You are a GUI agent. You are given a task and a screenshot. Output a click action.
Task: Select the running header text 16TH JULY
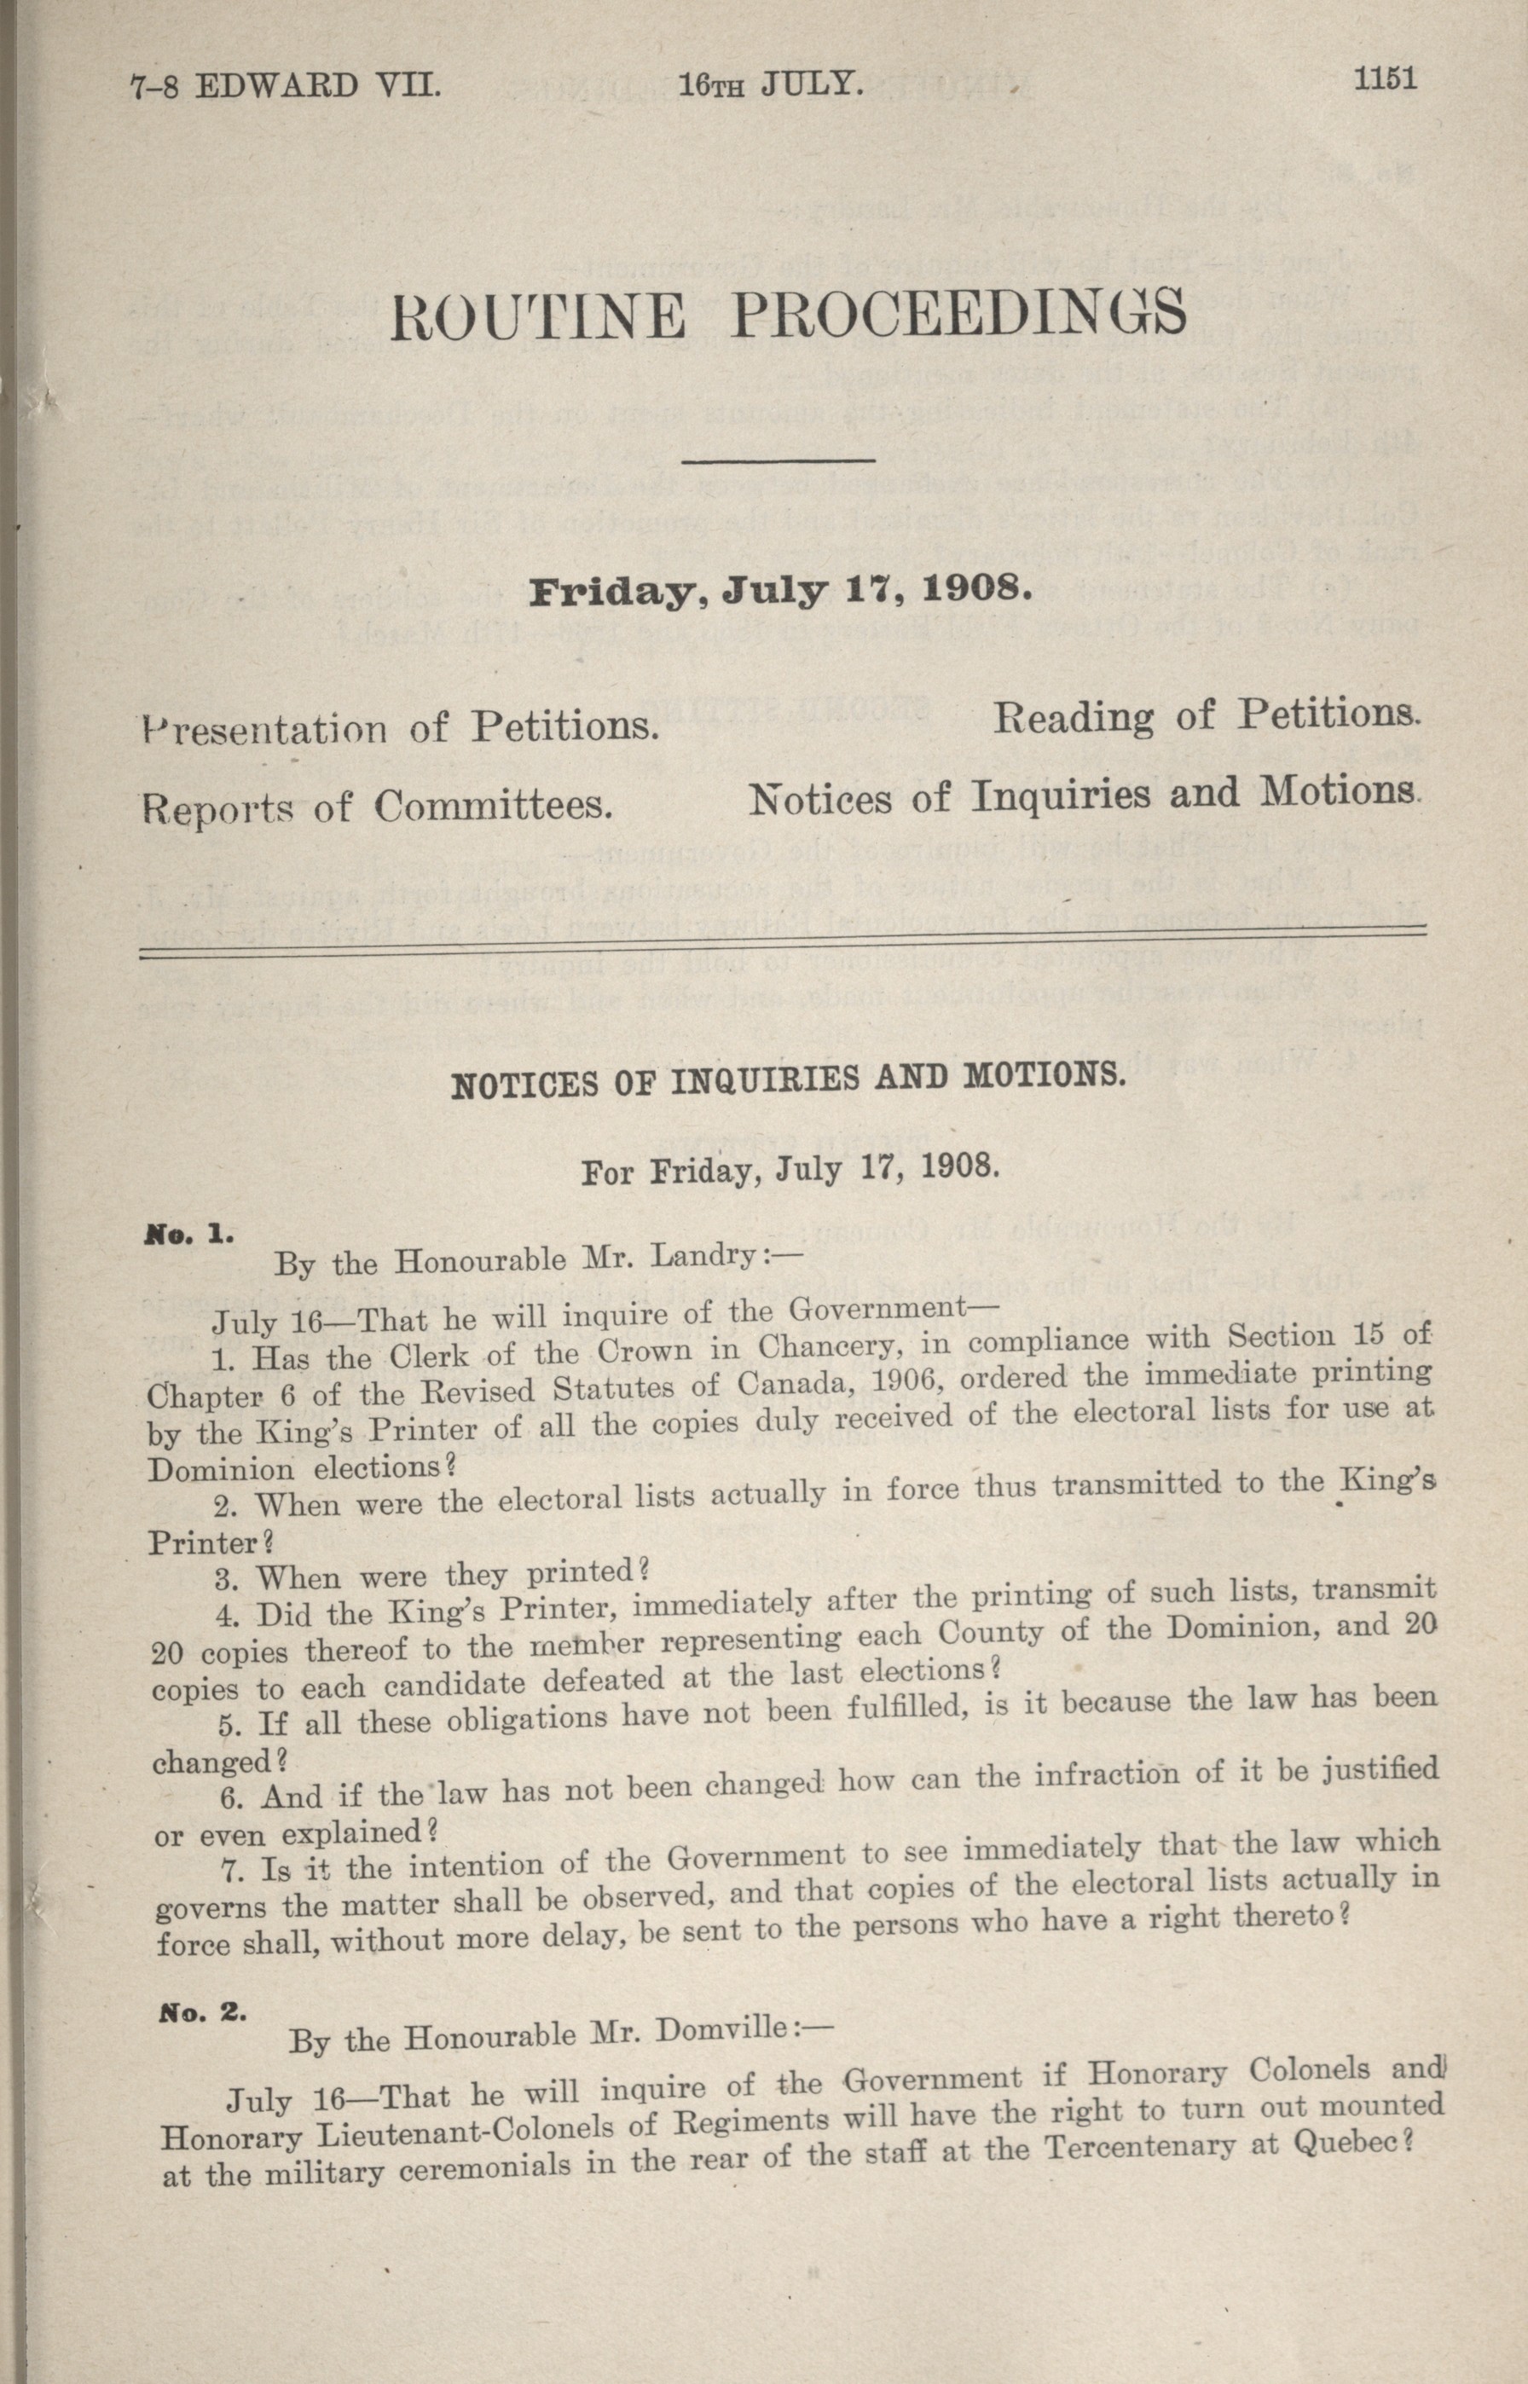pyautogui.click(x=771, y=84)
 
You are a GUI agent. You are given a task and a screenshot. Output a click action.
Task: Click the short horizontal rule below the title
pyautogui.click(x=778, y=460)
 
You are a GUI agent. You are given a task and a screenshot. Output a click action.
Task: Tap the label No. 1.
pyautogui.click(x=188, y=1236)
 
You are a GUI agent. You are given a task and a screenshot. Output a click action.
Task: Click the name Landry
pyautogui.click(x=702, y=1256)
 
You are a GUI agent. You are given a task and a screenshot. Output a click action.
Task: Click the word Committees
pyautogui.click(x=490, y=806)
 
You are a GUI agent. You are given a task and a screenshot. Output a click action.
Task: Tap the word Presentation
pyautogui.click(x=267, y=729)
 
